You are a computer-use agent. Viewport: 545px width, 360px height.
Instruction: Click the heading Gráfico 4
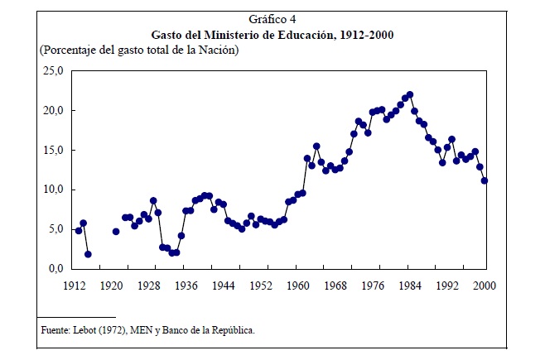click(272, 19)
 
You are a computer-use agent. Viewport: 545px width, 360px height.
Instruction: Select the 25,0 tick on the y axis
click(54, 71)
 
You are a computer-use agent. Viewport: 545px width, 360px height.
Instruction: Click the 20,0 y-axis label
click(54, 111)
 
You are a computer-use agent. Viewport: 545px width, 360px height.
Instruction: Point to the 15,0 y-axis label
click(54, 151)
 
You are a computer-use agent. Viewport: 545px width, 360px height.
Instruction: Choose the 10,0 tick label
click(54, 190)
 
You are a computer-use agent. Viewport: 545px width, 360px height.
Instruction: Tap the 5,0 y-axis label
click(56, 229)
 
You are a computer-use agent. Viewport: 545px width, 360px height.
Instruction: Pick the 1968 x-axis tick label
click(335, 286)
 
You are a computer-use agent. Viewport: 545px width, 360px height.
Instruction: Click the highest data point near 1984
click(410, 94)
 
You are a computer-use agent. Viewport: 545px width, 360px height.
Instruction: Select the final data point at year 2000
click(485, 180)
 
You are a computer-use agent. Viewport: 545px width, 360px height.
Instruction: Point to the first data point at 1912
click(79, 231)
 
